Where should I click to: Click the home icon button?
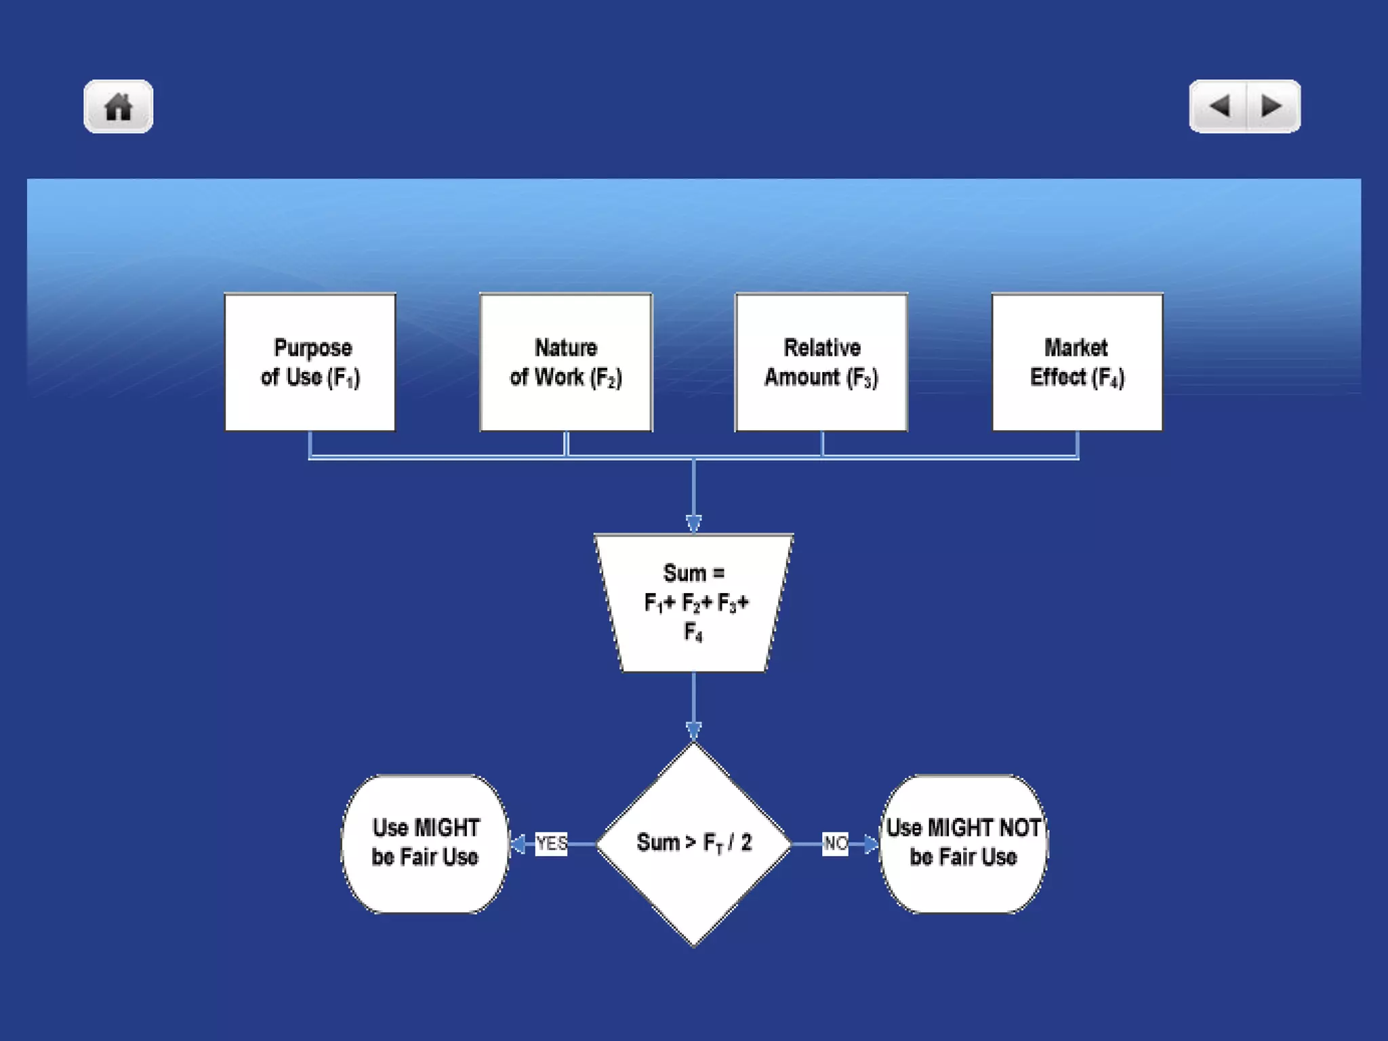tap(119, 107)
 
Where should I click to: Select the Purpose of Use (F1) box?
tap(310, 362)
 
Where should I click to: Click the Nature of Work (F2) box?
tap(566, 362)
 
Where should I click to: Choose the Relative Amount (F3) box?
tap(821, 362)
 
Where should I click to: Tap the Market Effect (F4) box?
tap(1077, 362)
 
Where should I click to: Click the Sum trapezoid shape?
tap(694, 603)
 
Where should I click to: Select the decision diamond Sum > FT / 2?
tap(694, 844)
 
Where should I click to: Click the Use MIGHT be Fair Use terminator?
tap(425, 844)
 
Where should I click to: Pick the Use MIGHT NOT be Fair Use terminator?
tap(963, 844)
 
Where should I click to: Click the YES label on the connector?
tap(551, 844)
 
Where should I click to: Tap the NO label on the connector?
tap(835, 844)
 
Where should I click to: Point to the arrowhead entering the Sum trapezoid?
tap(693, 524)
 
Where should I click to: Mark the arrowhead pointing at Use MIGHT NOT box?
tap(872, 844)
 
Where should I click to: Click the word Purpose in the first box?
tap(312, 348)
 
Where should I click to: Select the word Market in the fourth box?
tap(1076, 348)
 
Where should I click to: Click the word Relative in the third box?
tap(822, 348)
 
